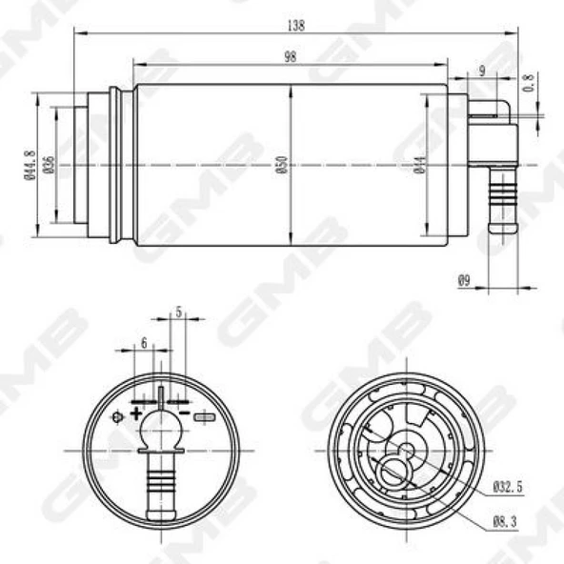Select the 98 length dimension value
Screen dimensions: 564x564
[290, 56]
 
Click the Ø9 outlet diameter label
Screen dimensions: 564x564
[464, 280]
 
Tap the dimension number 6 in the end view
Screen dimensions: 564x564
[143, 342]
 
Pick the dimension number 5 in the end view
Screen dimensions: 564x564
[178, 312]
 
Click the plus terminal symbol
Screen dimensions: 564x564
[136, 413]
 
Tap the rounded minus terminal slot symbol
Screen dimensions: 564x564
[204, 416]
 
